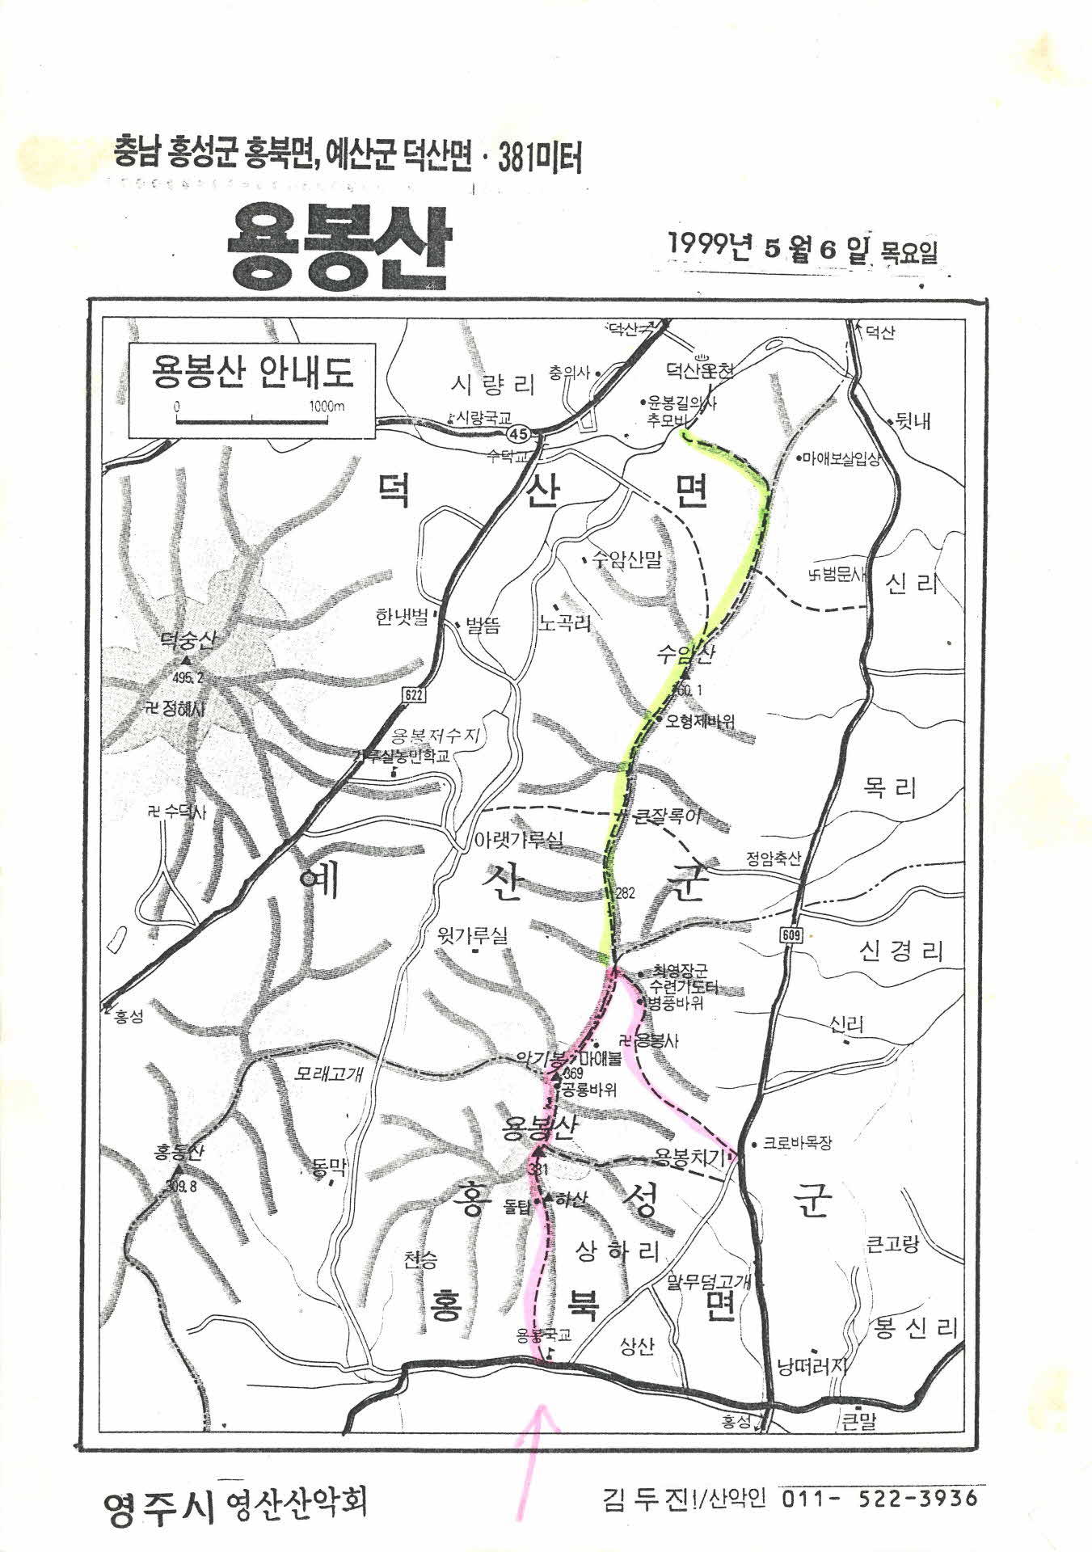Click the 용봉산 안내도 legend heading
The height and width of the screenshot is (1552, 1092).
(x=252, y=373)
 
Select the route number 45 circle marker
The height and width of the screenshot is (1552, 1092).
(x=521, y=434)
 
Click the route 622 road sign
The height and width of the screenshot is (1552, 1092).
(x=412, y=695)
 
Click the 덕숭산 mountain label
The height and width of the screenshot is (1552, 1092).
(x=188, y=641)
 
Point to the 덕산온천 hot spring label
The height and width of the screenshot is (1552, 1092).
(x=700, y=371)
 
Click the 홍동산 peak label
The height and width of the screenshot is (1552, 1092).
(x=179, y=1151)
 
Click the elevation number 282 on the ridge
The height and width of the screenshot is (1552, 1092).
(x=626, y=892)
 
